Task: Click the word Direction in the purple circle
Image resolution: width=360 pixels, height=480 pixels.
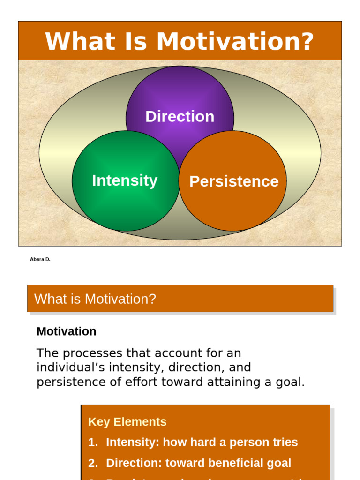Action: point(180,116)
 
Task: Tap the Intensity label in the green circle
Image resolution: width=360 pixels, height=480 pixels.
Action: point(125,180)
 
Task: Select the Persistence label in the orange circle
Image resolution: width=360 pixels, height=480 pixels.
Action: point(233,181)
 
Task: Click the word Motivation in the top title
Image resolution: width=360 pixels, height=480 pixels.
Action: point(235,41)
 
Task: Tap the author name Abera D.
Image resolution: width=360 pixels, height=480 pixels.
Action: point(40,259)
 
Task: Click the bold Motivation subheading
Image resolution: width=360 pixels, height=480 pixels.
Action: point(66,331)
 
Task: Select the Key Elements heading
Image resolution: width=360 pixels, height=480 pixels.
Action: point(127,422)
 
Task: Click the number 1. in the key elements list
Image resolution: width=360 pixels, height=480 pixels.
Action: point(93,442)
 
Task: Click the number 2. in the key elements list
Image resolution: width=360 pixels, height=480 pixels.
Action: point(93,463)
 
